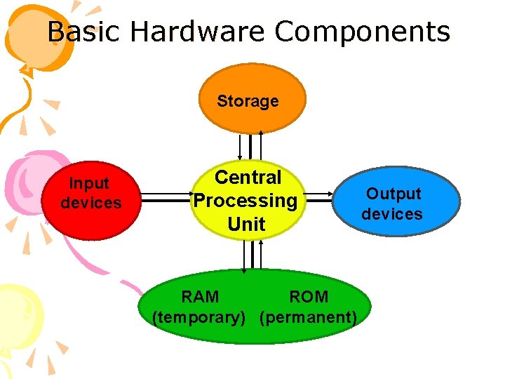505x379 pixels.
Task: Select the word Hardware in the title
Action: pos(198,32)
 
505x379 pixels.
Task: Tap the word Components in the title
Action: pos(363,32)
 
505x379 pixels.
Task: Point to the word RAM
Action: pos(200,297)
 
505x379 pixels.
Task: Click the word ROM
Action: pos(309,297)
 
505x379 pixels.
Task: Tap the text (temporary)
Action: pos(198,317)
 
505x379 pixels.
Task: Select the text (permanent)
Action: pos(309,317)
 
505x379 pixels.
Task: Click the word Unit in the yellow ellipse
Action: pos(246,225)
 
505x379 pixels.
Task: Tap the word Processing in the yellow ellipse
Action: pos(245,201)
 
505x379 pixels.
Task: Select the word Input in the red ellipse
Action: pos(89,184)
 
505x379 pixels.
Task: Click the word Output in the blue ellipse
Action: pos(393,194)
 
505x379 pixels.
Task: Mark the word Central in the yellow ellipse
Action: pos(248,178)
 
